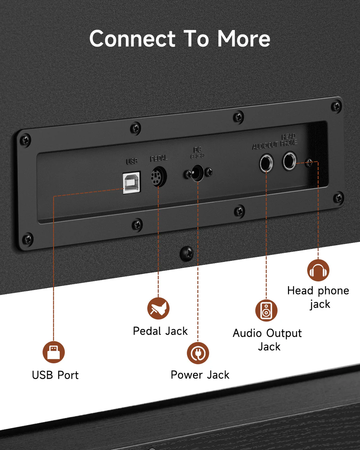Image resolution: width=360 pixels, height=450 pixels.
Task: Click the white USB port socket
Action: (131, 183)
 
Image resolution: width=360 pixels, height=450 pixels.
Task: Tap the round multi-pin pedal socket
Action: (158, 176)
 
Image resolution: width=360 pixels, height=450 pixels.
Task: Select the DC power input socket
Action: (197, 173)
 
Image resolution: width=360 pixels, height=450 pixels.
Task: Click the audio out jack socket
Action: (266, 163)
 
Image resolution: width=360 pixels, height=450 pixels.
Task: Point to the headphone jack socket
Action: (289, 161)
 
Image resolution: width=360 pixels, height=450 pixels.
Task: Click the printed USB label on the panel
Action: (132, 161)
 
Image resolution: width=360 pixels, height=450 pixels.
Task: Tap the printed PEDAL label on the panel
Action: (158, 158)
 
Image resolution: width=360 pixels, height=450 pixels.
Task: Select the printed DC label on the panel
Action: (197, 149)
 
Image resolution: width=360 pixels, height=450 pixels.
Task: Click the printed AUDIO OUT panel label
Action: (265, 145)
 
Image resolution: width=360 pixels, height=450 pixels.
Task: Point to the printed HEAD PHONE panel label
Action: (289, 140)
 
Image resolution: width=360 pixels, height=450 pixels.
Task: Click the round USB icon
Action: (54, 352)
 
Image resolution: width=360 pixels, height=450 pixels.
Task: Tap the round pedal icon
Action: (158, 309)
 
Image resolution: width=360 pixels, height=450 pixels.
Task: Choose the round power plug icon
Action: (198, 353)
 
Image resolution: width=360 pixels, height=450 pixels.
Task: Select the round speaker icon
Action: (266, 310)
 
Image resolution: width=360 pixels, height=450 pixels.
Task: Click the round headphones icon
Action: (318, 270)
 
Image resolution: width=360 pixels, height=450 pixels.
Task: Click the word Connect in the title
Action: (132, 39)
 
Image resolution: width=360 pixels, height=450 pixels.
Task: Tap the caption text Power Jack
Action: (200, 375)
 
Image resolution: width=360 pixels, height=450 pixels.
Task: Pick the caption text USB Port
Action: (55, 375)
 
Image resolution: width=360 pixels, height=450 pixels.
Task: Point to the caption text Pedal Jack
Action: (160, 331)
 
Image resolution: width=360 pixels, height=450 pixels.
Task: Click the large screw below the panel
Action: (187, 253)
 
